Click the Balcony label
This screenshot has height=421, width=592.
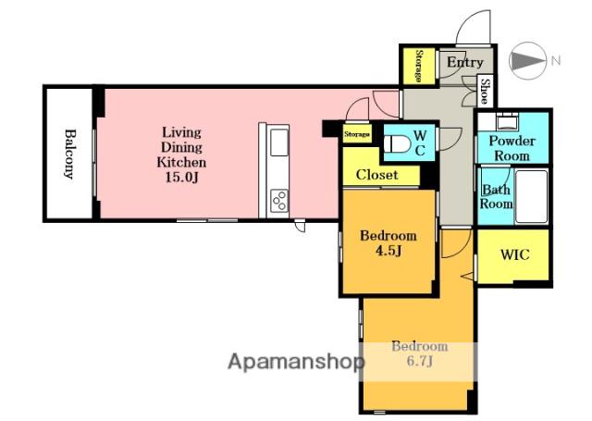69,154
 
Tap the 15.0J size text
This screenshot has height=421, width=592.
181,177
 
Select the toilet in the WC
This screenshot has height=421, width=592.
397,143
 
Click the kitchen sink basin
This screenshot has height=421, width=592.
279,142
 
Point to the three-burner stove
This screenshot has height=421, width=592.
279,201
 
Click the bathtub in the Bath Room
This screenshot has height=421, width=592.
531,197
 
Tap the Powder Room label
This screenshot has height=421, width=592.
512,148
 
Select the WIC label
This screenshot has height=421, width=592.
515,254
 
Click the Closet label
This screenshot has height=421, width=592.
376,175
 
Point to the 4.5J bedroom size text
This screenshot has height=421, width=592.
388,251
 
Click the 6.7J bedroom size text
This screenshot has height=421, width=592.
419,362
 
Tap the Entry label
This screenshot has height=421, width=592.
464,63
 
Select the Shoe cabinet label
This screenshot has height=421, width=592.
485,91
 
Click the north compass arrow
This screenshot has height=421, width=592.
527,60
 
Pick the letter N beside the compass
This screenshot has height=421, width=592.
556,60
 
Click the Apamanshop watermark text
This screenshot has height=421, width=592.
296,362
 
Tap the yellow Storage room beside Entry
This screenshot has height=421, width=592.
418,66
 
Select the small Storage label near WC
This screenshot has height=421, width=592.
357,134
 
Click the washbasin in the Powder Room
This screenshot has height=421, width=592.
508,121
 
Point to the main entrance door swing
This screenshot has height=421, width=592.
473,27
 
